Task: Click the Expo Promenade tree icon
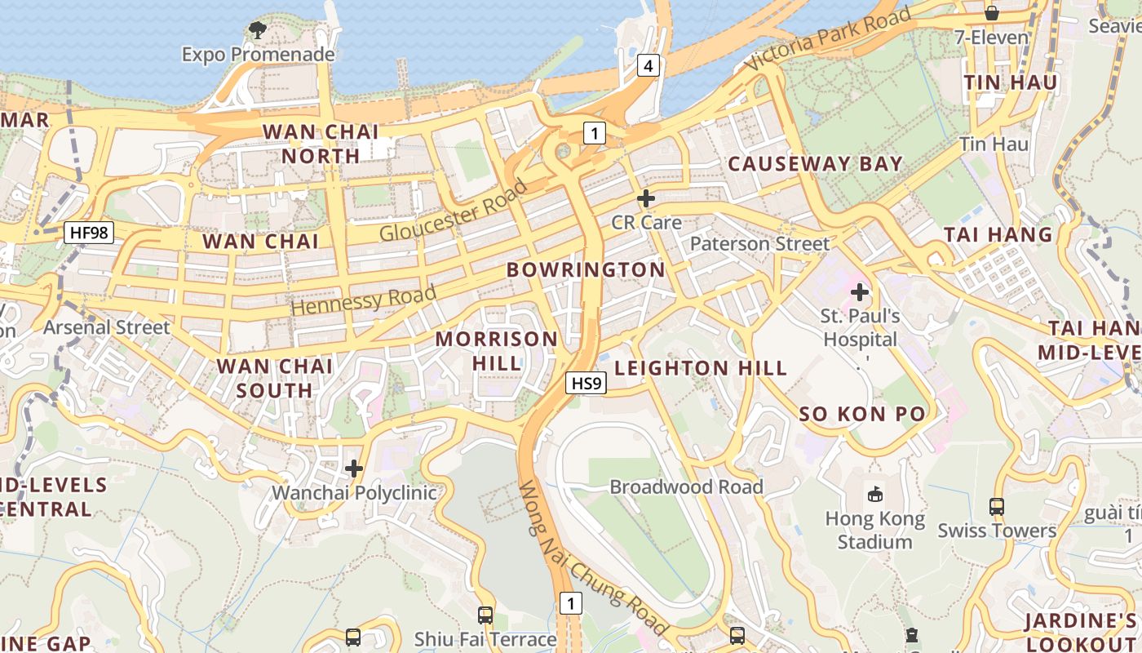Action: [x=258, y=31]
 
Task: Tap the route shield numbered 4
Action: [x=648, y=65]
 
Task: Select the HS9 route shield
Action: [x=586, y=382]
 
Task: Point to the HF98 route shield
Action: [x=89, y=233]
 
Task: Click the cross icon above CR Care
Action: [x=646, y=198]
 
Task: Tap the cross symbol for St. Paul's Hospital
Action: [x=860, y=291]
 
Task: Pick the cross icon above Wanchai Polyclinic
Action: [x=354, y=469]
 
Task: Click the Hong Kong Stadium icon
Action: [x=875, y=493]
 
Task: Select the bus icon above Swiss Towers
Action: [x=997, y=506]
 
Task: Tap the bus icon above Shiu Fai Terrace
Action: [x=485, y=615]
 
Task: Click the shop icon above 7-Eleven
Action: [x=992, y=13]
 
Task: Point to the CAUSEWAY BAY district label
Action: [x=815, y=164]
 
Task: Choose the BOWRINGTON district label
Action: [x=586, y=270]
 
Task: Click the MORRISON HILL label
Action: [x=497, y=351]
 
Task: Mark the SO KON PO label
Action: [x=862, y=414]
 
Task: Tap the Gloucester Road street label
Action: [x=454, y=211]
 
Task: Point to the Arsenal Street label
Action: [x=107, y=327]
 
